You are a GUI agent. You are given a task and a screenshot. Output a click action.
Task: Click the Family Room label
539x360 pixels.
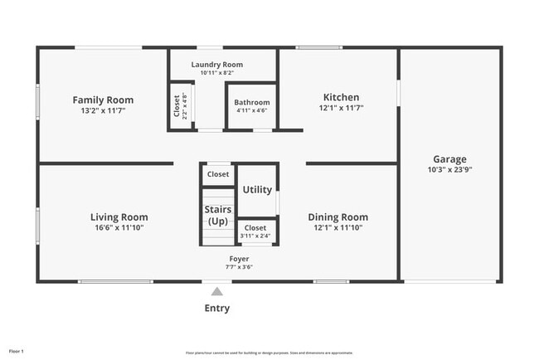tap(103, 100)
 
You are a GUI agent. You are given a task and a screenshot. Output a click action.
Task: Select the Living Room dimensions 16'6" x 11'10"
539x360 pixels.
tap(119, 227)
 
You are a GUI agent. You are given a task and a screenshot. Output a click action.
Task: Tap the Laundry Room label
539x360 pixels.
tap(216, 65)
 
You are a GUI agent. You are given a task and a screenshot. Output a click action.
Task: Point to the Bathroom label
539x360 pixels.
tap(252, 102)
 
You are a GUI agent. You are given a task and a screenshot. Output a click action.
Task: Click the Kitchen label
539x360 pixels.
tap(341, 96)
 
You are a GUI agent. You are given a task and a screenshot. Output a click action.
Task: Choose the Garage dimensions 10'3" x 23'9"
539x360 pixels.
tap(449, 169)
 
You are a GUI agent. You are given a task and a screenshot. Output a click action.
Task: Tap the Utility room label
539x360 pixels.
tap(257, 189)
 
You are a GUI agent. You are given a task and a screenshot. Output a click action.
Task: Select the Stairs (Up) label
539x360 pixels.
tap(217, 216)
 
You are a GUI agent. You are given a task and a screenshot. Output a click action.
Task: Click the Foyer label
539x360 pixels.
tap(239, 259)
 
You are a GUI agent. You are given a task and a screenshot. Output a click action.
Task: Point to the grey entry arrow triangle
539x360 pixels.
tap(216, 291)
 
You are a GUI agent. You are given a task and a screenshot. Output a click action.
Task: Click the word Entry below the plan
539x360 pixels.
tap(216, 309)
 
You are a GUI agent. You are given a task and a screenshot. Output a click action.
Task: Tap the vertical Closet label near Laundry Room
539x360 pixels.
tap(177, 106)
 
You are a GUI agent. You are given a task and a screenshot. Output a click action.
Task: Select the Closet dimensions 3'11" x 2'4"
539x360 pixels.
tap(255, 236)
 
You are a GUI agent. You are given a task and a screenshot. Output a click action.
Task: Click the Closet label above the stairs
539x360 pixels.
tap(218, 174)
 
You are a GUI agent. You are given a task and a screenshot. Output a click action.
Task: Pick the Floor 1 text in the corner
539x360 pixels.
tap(16, 352)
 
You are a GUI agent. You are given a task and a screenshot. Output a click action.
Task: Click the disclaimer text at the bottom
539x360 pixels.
tap(269, 353)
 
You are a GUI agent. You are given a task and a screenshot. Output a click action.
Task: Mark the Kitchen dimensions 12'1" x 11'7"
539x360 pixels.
tap(341, 108)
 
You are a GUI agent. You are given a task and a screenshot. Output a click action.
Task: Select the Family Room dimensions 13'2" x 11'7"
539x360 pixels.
tap(103, 110)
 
